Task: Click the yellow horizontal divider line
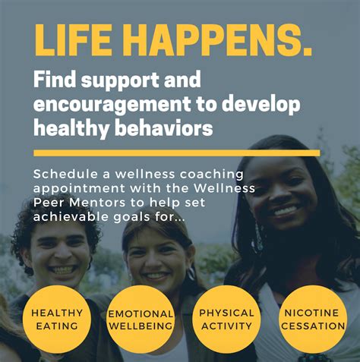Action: point(176,153)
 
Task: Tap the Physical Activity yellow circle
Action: point(226,319)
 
